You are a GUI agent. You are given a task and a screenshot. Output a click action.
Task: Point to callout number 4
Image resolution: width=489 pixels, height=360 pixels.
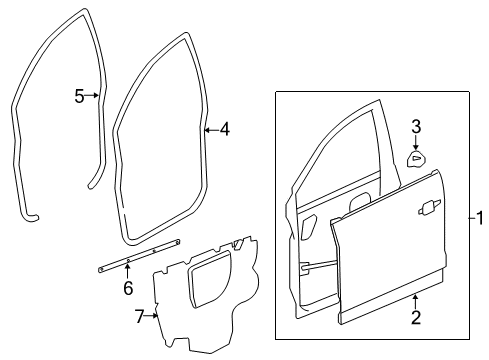[225, 128]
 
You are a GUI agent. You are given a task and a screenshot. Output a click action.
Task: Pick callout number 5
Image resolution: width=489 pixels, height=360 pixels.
[80, 96]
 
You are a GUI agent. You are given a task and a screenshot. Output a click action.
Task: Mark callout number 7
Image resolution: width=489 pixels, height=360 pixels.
[140, 316]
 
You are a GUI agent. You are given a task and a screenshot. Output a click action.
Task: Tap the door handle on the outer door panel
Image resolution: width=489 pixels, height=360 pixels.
[430, 206]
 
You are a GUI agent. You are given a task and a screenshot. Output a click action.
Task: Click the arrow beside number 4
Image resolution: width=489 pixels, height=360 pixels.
[209, 128]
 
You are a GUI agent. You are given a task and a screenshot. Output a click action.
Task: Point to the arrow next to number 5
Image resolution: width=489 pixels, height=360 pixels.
[95, 96]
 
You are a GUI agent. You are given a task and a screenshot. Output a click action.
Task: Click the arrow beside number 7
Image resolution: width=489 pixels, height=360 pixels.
[153, 315]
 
